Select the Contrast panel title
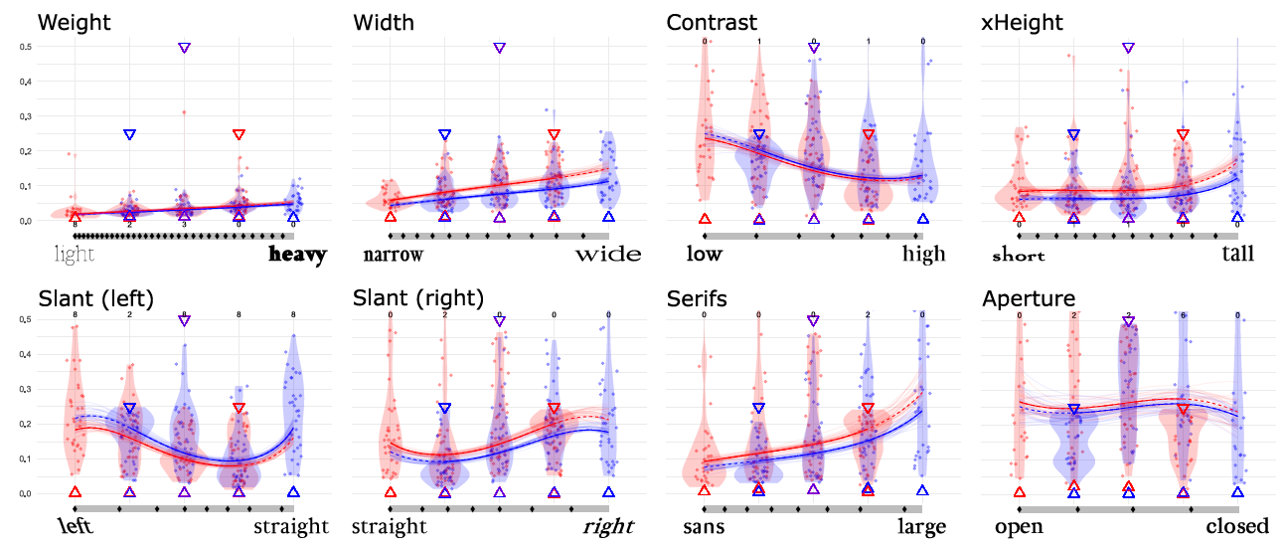tap(711, 22)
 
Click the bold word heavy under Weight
tap(297, 256)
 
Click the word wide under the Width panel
tap(608, 256)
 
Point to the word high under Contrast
tap(923, 256)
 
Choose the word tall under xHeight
tap(1237, 256)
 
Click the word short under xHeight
tap(1019, 257)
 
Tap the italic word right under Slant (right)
tap(608, 527)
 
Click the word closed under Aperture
tap(1237, 527)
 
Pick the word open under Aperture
tap(1019, 528)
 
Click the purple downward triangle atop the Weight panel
tap(184, 48)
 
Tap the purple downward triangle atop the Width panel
tap(499, 48)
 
